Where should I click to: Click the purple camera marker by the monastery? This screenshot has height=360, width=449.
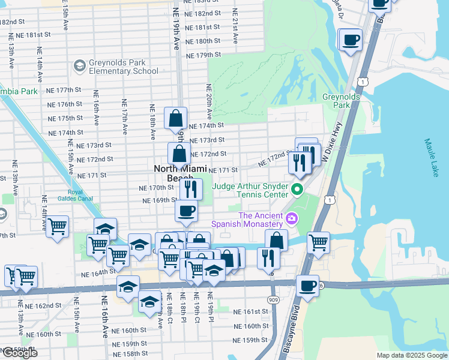point(292,217)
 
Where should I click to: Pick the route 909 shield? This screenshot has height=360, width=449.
point(274,299)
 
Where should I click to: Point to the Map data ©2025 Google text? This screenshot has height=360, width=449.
point(411,355)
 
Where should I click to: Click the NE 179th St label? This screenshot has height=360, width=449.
point(203,55)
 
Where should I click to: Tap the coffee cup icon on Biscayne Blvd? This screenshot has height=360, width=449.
point(308,286)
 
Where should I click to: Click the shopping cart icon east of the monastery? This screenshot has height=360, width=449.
point(318,242)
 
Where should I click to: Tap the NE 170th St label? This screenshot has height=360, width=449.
point(156,187)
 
